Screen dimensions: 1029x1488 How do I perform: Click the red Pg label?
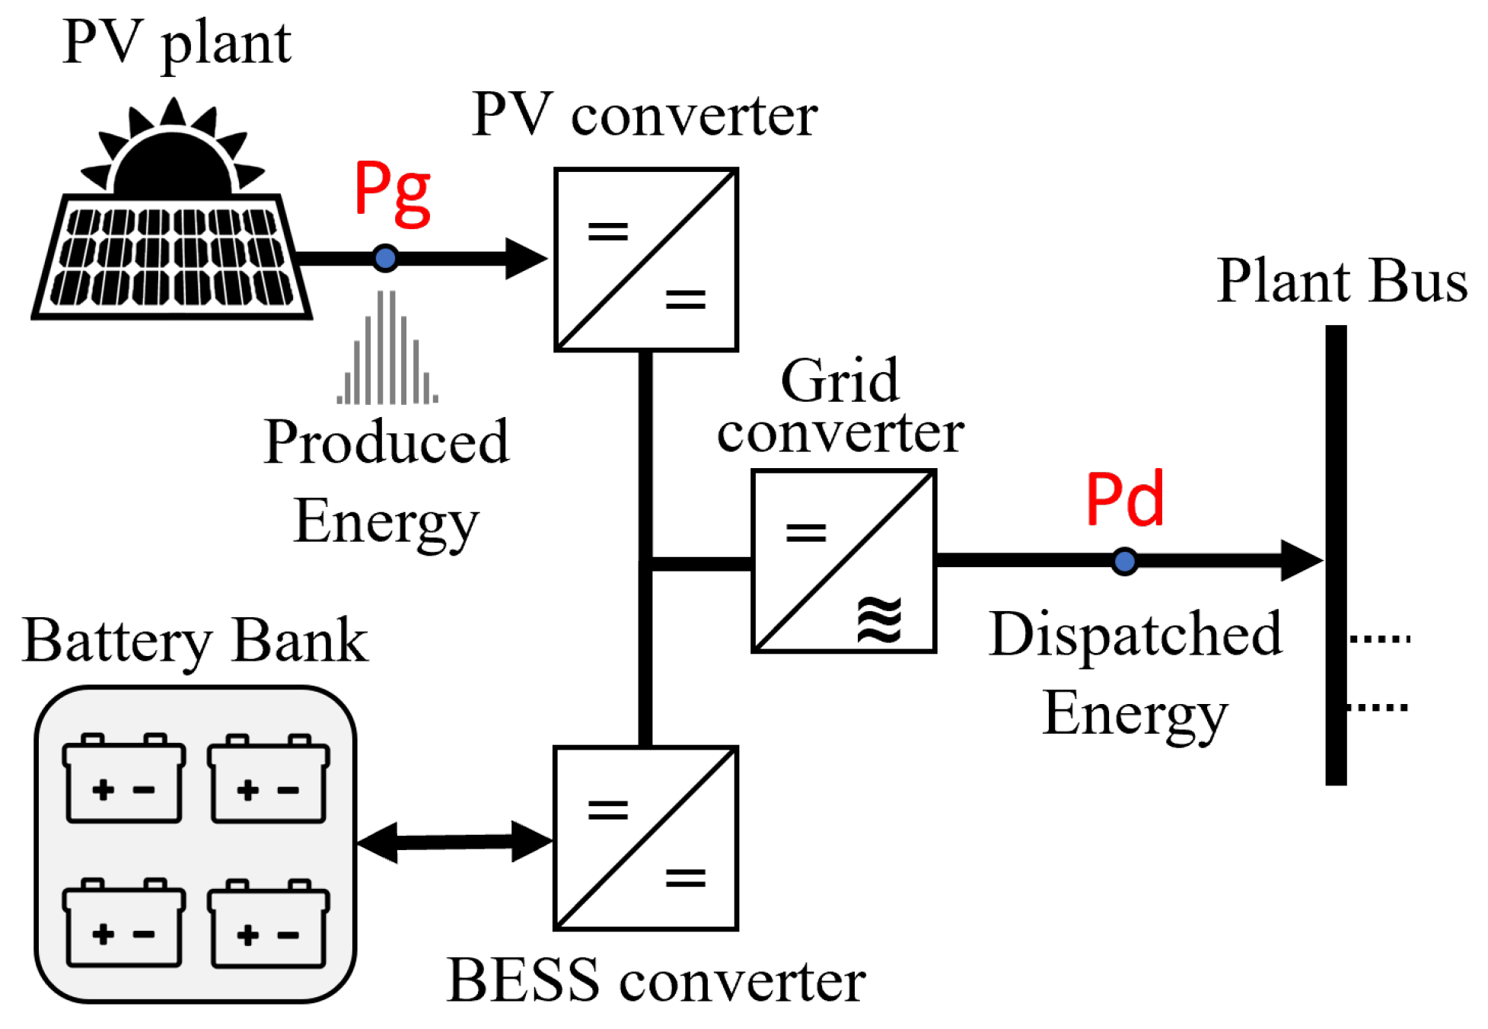(392, 194)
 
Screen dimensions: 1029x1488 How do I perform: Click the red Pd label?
(1124, 499)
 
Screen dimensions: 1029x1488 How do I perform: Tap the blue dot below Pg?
(385, 259)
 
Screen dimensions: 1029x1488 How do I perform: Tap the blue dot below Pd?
(1124, 562)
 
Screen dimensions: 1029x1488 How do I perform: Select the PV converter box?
(646, 260)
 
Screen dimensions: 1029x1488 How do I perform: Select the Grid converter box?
(843, 561)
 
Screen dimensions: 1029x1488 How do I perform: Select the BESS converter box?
(646, 838)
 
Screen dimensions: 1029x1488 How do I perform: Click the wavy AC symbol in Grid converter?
(879, 620)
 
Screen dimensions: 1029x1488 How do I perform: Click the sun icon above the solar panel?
(173, 152)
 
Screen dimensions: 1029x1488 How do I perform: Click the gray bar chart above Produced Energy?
(387, 350)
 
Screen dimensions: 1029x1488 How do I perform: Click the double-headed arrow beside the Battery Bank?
(454, 842)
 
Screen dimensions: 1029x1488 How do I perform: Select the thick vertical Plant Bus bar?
(1336, 556)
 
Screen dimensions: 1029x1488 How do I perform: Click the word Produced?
(386, 442)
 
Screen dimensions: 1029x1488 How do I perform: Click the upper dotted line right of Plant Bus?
(1379, 639)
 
